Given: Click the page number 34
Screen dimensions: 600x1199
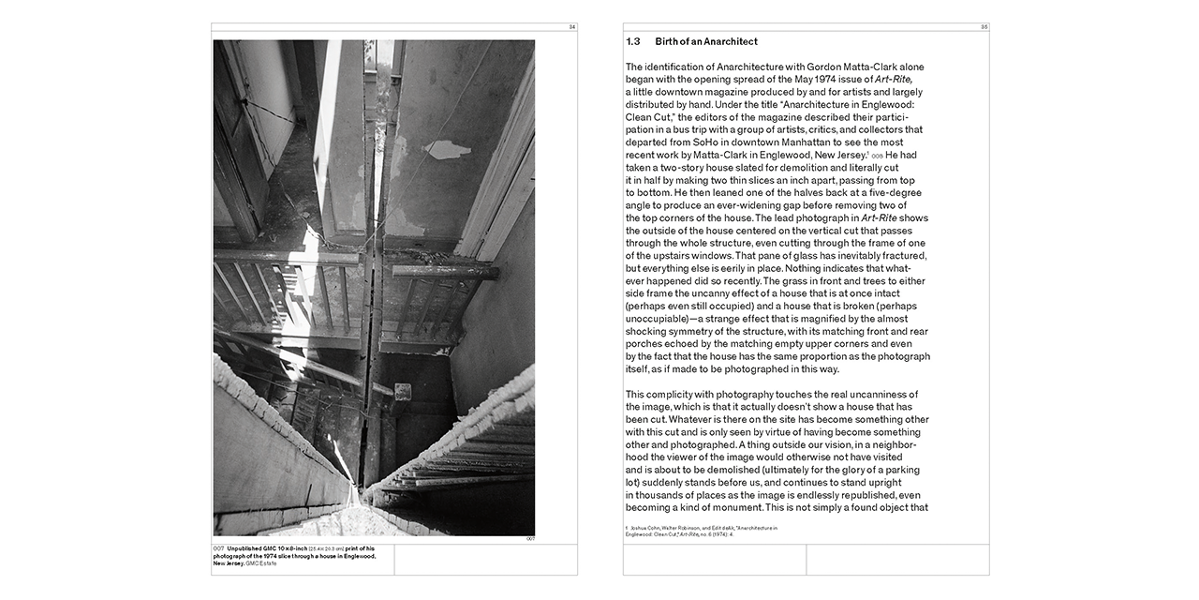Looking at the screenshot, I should click(571, 27).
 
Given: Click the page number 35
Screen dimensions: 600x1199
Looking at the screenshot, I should click(984, 27).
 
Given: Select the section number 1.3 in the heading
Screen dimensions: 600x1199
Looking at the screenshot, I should click(633, 42).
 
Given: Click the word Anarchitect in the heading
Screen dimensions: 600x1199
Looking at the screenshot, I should click(725, 42).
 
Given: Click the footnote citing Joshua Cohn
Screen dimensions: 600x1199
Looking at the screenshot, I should click(703, 532).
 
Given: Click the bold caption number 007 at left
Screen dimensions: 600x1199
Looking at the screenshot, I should click(218, 548).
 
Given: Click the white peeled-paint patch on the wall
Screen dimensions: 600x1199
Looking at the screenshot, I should click(447, 149).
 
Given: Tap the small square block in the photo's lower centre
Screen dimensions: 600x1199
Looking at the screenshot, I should click(404, 393).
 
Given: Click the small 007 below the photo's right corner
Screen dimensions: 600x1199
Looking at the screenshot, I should click(529, 539).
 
